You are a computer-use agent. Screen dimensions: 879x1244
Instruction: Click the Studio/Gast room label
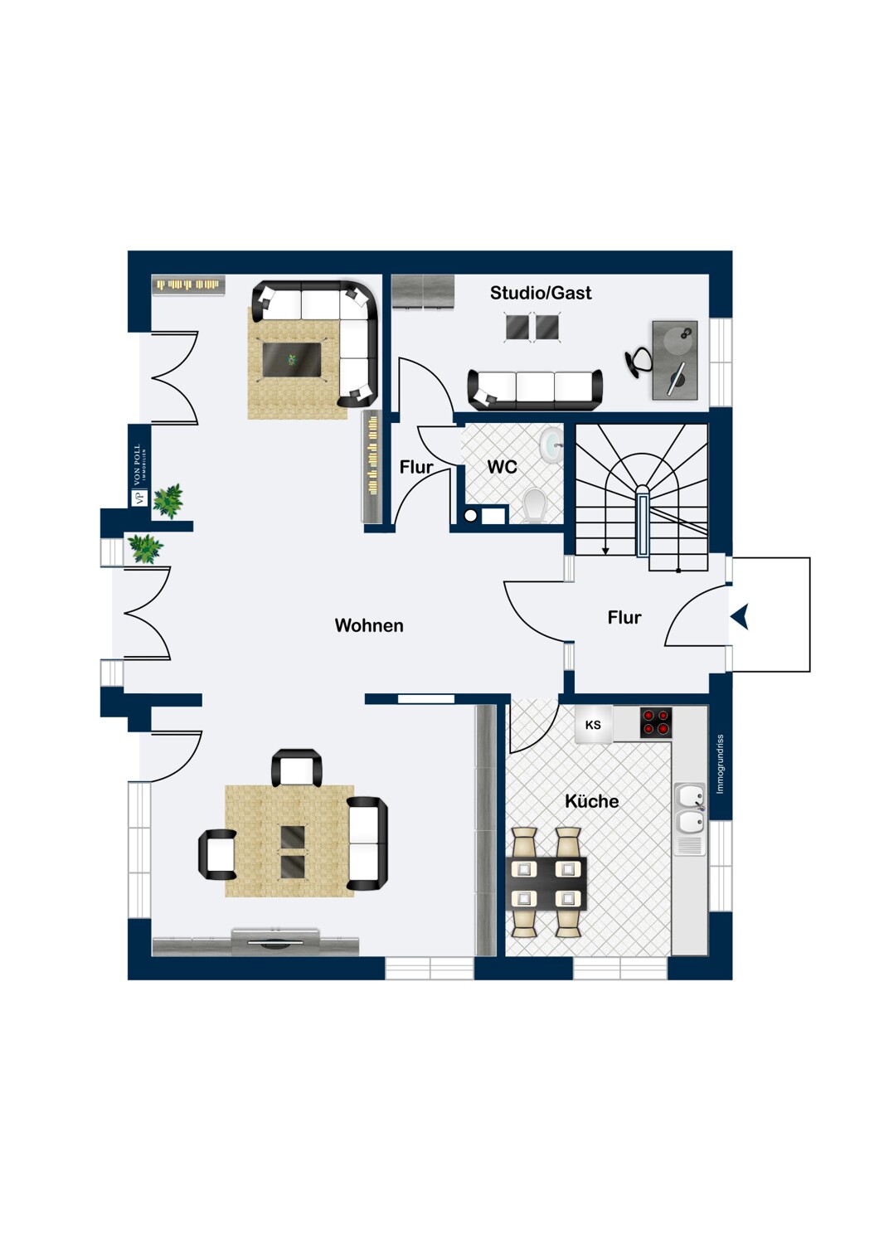(x=541, y=293)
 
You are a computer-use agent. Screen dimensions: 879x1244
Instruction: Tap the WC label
(x=502, y=467)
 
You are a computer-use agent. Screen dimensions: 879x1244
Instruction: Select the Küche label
(x=591, y=801)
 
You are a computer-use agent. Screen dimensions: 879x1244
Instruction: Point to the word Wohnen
(x=369, y=625)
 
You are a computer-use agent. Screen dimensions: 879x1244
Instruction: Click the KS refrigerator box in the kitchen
(x=593, y=724)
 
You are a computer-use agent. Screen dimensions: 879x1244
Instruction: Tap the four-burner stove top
(x=656, y=722)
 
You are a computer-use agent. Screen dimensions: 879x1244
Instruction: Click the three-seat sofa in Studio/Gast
(x=535, y=389)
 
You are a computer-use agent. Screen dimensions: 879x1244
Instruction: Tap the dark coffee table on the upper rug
(x=292, y=361)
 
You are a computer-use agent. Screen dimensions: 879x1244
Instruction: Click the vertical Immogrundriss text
(x=720, y=764)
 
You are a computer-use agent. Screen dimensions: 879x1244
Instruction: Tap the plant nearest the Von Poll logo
(x=168, y=500)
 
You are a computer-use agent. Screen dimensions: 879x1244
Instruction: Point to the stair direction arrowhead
(x=606, y=551)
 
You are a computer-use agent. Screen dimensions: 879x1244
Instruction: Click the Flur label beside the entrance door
(x=624, y=617)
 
